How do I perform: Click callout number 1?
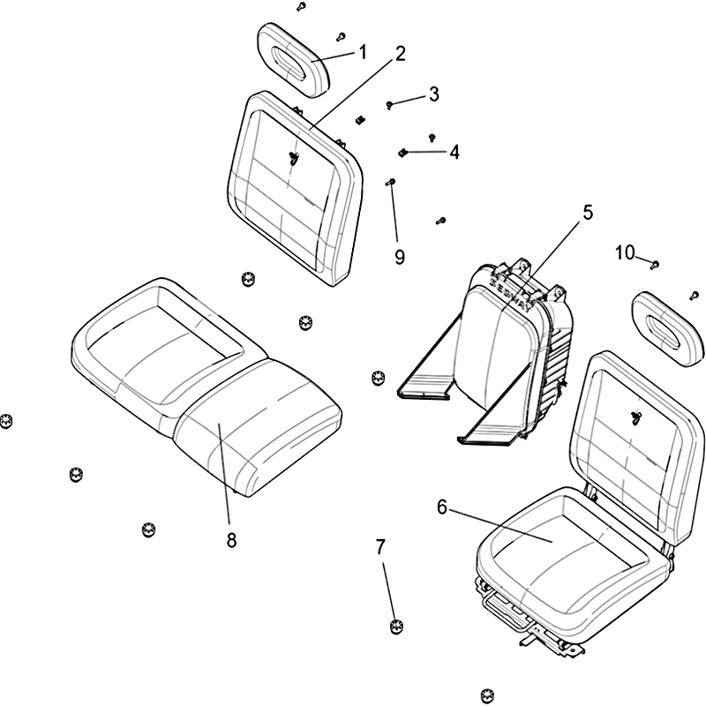(362, 53)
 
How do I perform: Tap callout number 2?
(400, 53)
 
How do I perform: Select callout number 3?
(433, 94)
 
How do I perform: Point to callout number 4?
(454, 152)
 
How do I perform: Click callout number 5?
(587, 213)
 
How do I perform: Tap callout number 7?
(380, 547)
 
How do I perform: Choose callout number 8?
(231, 540)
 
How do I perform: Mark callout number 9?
(399, 257)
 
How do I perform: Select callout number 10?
(625, 253)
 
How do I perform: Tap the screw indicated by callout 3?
(390, 105)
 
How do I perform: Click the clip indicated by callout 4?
(403, 153)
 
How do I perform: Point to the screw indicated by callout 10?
(654, 263)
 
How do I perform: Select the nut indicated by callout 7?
(396, 627)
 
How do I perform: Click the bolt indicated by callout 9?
(392, 184)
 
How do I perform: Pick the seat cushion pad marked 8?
(256, 424)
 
